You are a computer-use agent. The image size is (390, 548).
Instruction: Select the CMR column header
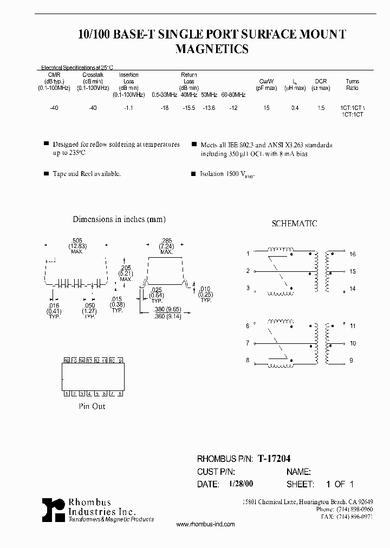coord(54,75)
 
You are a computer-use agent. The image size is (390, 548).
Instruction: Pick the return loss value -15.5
coord(187,108)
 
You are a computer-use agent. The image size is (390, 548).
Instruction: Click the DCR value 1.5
coord(321,108)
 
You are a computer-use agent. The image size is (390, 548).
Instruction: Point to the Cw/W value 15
coord(266,108)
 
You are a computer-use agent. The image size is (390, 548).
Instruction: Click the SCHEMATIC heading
coord(294,224)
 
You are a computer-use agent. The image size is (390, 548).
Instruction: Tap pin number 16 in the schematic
coord(353,254)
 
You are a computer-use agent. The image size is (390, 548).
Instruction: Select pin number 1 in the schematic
coord(248,253)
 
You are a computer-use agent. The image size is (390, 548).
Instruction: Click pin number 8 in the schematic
coord(248,360)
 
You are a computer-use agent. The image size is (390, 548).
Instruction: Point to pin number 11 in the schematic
coord(353,326)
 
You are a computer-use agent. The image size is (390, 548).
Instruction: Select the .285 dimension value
coord(166,240)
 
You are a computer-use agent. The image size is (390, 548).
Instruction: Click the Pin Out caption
coord(93,406)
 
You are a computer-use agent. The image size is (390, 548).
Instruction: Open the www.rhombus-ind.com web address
coord(206,524)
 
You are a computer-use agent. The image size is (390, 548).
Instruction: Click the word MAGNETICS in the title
coord(212,49)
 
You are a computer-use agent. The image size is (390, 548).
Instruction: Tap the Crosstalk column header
coord(93,75)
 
